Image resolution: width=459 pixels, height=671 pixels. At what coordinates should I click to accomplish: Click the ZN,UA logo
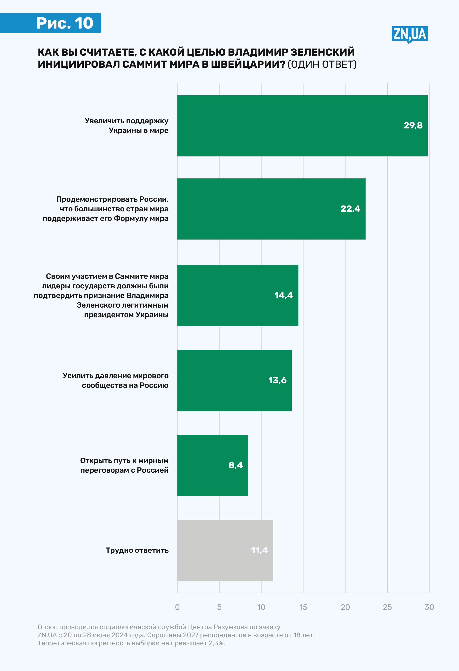[x=409, y=34]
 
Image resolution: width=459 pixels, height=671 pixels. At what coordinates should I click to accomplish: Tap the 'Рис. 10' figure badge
[x=65, y=23]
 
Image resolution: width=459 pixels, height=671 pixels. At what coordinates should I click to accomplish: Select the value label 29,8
[x=413, y=125]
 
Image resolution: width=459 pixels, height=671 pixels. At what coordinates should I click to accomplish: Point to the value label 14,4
[x=283, y=295]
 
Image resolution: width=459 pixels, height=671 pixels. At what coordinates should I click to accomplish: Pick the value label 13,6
[x=277, y=380]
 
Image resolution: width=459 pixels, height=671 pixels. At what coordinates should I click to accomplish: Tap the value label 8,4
[x=235, y=465]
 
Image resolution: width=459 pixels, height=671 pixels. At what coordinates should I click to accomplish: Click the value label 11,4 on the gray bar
[x=259, y=550]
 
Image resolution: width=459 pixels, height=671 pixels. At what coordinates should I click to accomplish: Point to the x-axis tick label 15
[x=303, y=607]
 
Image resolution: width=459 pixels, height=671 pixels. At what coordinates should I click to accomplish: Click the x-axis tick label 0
[x=177, y=607]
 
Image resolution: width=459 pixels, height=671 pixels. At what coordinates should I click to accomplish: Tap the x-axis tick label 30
[x=429, y=607]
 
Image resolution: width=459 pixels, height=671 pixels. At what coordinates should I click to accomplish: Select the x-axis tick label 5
[x=219, y=607]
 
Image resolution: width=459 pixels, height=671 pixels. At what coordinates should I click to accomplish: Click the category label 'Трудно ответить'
[x=137, y=550]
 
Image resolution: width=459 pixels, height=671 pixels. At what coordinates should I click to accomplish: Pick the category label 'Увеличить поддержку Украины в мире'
[x=127, y=126]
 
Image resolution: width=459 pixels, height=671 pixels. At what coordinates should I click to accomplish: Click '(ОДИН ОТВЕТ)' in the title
[x=322, y=64]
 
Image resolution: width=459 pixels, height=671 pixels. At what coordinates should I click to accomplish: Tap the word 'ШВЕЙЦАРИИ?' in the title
[x=248, y=64]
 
